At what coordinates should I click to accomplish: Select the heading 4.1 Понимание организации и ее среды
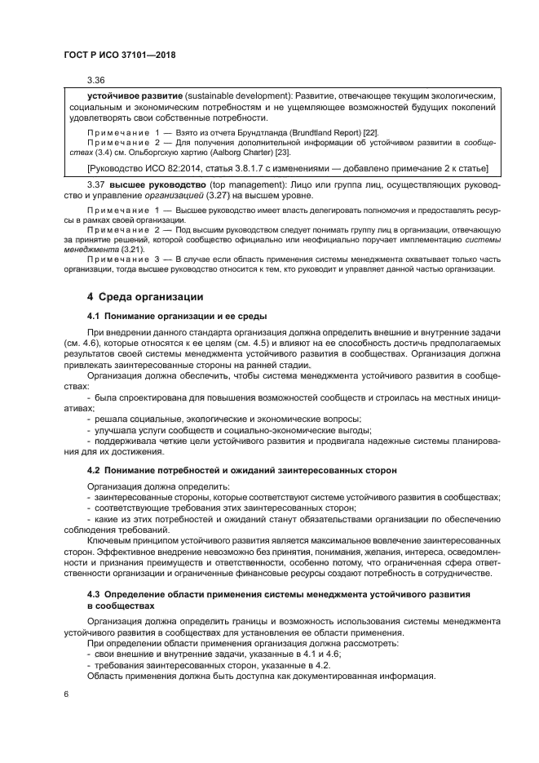click(x=175, y=315)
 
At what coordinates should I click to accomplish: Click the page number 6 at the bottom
click(x=65, y=694)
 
